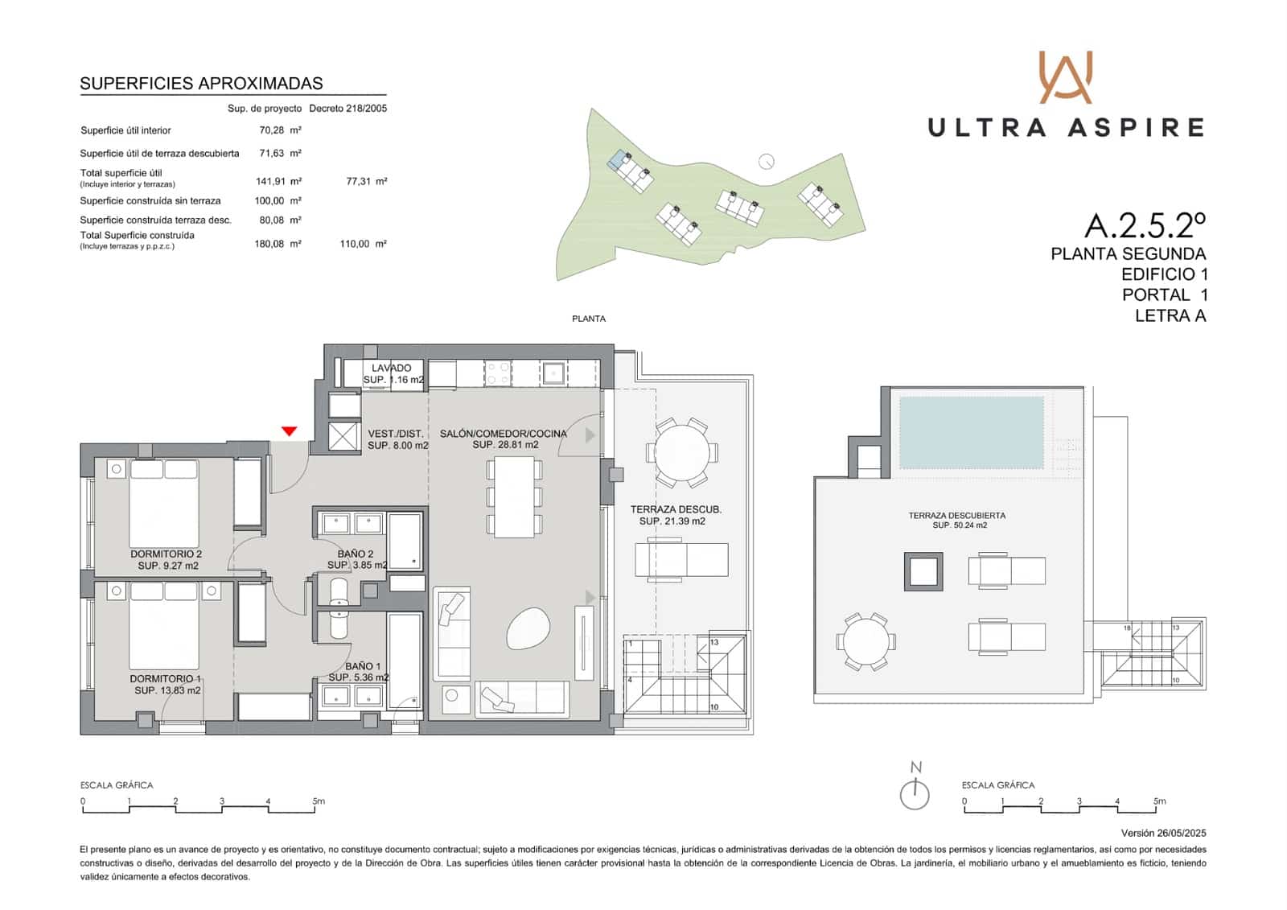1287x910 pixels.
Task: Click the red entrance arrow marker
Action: coord(289,432)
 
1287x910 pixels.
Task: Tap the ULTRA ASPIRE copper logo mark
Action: coord(1065,77)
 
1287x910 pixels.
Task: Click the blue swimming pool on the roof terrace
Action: coord(971,432)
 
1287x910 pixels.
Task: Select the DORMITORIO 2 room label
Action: coord(167,554)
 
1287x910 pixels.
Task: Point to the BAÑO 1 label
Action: coord(363,666)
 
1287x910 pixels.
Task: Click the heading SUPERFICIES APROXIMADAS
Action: coord(201,84)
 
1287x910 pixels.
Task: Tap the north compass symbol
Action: coord(915,793)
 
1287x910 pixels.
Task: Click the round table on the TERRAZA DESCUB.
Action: coord(681,452)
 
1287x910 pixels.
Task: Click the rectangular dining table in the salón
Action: coord(514,496)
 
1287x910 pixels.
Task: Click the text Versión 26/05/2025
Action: coord(1163,834)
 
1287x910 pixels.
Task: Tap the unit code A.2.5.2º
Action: coord(1145,226)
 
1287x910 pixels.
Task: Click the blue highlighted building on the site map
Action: coord(618,160)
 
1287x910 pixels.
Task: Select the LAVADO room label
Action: coord(392,368)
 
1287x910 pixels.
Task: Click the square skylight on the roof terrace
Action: coord(923,571)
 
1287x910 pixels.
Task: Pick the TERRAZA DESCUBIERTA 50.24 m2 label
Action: coord(956,520)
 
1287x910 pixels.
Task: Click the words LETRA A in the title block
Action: coord(1170,316)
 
